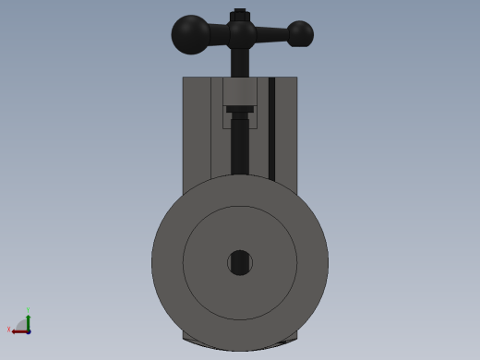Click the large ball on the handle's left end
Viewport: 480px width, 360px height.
coord(191,34)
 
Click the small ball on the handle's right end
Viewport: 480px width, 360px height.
coord(300,34)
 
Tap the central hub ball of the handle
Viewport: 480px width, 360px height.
coord(241,34)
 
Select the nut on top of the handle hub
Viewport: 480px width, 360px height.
coord(240,15)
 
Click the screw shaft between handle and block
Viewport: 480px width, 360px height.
coord(240,63)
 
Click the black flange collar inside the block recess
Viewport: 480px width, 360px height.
coord(240,109)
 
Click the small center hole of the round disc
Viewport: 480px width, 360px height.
coord(240,262)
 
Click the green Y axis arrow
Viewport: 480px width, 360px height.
coord(28,319)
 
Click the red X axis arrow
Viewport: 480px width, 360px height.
coord(18,331)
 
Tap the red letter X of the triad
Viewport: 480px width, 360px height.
coord(9,329)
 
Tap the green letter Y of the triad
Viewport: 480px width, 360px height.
coord(28,310)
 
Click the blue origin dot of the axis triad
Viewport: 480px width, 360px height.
coord(29,331)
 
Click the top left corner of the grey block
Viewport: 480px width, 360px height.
coord(184,78)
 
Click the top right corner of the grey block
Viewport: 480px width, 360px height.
coord(296,78)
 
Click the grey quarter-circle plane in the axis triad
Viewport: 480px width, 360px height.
coord(22,326)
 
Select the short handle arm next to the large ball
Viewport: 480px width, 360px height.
coord(218,34)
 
